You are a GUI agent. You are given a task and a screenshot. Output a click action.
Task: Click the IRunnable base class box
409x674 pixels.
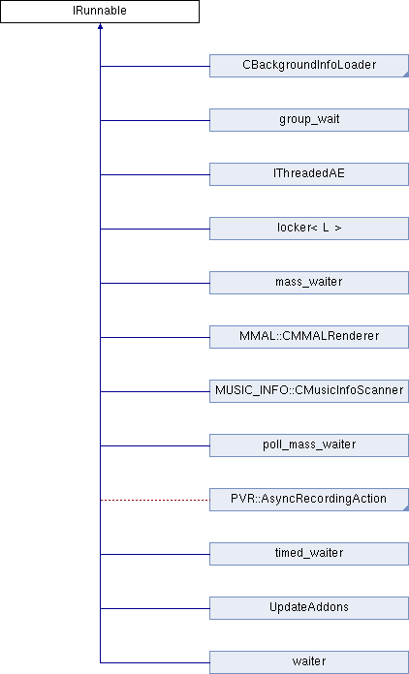[x=100, y=12]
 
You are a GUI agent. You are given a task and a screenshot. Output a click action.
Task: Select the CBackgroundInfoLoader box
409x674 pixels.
[x=309, y=66]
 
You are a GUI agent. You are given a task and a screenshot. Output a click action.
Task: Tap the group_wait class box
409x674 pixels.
[x=309, y=120]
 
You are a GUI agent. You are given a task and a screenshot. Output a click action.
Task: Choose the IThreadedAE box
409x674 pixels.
[x=309, y=174]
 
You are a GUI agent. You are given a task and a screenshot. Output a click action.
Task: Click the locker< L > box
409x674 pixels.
[x=309, y=229]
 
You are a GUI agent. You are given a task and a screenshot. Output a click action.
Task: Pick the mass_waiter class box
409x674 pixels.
[x=309, y=283]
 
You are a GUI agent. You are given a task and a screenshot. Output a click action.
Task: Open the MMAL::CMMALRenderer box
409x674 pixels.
[x=309, y=337]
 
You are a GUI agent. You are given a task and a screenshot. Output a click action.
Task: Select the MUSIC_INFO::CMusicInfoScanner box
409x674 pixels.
[x=309, y=390]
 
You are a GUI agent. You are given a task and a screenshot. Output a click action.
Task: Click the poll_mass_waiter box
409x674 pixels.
[x=309, y=444]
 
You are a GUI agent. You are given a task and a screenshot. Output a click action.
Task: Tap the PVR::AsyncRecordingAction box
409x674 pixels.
[x=309, y=500]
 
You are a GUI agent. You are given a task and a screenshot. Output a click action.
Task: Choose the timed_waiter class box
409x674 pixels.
[x=309, y=554]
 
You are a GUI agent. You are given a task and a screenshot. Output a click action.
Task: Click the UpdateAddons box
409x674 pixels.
[x=309, y=608]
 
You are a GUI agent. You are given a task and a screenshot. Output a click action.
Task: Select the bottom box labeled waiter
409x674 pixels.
[x=309, y=662]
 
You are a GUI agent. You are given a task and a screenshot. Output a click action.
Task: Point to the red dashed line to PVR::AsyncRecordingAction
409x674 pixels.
[x=155, y=500]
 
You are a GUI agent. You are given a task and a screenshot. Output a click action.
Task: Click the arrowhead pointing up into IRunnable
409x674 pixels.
[x=100, y=26]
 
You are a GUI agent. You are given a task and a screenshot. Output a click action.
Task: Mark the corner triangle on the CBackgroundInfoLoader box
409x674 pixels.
[x=406, y=75]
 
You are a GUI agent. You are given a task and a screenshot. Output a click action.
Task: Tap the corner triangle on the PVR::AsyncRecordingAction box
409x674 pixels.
[x=406, y=508]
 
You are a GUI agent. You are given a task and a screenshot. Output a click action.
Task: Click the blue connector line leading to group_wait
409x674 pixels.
[x=155, y=120]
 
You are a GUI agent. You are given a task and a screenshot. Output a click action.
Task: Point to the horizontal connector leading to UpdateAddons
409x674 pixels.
[x=155, y=608]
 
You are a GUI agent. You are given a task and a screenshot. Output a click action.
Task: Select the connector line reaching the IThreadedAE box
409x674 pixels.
[x=155, y=174]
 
